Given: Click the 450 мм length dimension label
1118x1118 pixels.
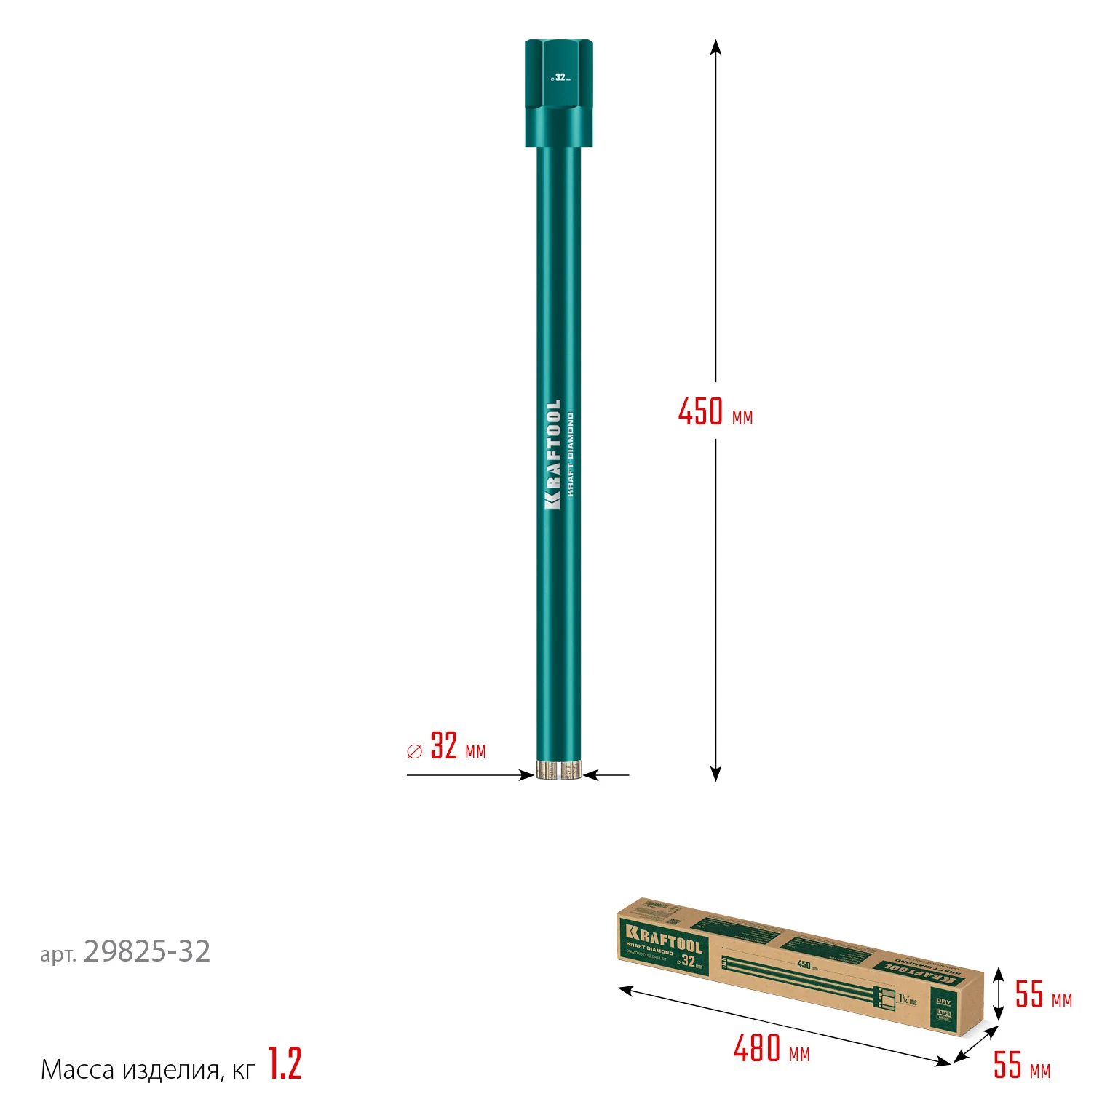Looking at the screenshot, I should (x=715, y=412).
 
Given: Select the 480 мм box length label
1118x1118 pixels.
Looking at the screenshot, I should (x=771, y=1050).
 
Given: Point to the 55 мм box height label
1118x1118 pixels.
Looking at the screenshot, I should (x=1043, y=995).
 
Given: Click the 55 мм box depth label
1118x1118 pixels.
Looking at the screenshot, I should (x=1021, y=1066).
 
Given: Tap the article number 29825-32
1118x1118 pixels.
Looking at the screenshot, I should (x=146, y=952).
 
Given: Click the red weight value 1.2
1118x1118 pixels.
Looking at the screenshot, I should (x=285, y=1064).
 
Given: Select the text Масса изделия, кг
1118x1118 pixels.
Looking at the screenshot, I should (x=148, y=1069).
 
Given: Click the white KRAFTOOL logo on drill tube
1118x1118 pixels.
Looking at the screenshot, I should (x=553, y=454).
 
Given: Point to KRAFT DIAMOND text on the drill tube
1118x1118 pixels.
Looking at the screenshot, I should (x=571, y=455).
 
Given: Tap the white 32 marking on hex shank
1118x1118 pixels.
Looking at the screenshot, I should (x=560, y=77).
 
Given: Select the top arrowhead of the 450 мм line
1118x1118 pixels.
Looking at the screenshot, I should (x=715, y=47).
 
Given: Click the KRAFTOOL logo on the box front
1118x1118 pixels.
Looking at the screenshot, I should (x=663, y=938).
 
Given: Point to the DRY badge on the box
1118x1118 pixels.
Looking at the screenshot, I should (x=943, y=1002).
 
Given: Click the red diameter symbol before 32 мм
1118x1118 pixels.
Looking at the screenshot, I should (x=414, y=752).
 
